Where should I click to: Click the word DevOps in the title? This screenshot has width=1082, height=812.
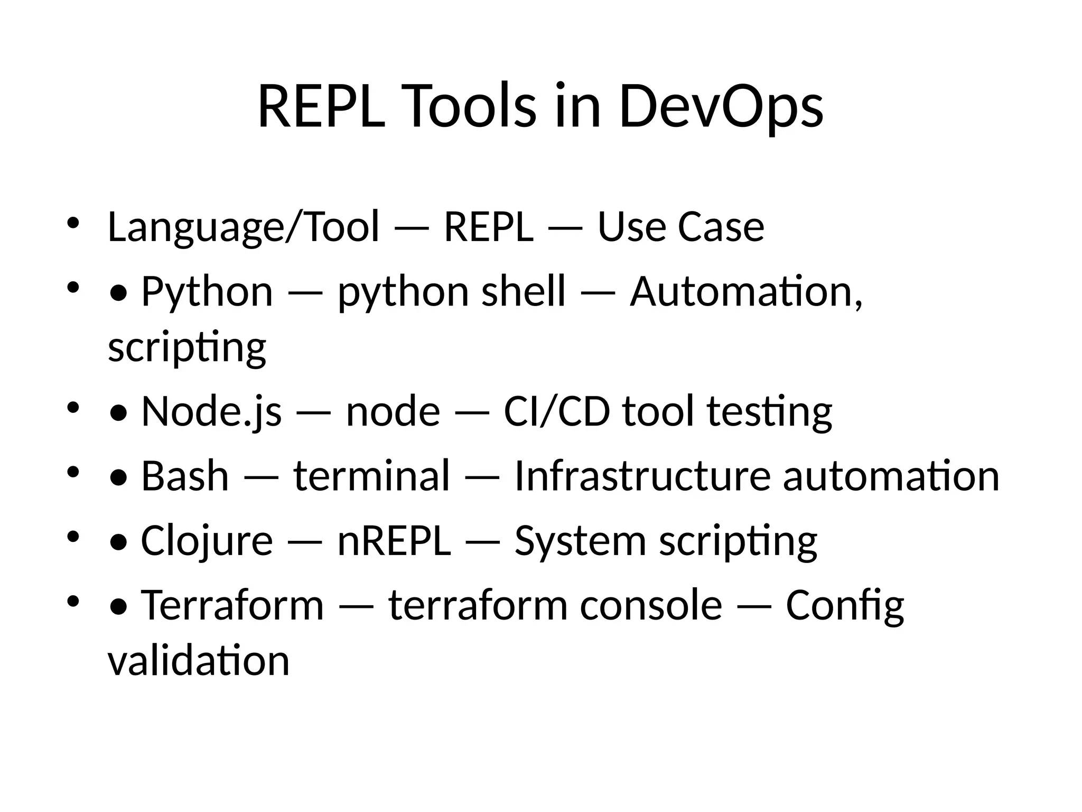coord(721,107)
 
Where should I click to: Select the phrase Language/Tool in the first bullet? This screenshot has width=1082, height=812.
coord(243,227)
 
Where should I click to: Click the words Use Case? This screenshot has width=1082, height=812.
coord(680,227)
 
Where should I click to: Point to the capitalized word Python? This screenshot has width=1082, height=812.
coord(207,292)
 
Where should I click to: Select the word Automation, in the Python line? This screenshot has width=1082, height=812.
coord(746,292)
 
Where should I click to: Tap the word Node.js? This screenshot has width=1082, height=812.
coord(211,412)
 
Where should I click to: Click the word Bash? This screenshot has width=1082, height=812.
coord(185,476)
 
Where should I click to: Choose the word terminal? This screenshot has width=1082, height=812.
coord(371,476)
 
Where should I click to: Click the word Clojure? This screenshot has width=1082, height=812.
coord(207,541)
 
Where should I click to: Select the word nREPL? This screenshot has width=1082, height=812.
coord(394,541)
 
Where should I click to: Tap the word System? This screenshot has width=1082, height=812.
coord(580,541)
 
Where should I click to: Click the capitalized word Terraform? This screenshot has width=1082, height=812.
coord(232,606)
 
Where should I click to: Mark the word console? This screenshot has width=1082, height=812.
coord(651,606)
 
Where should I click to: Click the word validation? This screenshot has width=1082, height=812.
coord(199,661)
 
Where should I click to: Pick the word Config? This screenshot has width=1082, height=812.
coord(845,606)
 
